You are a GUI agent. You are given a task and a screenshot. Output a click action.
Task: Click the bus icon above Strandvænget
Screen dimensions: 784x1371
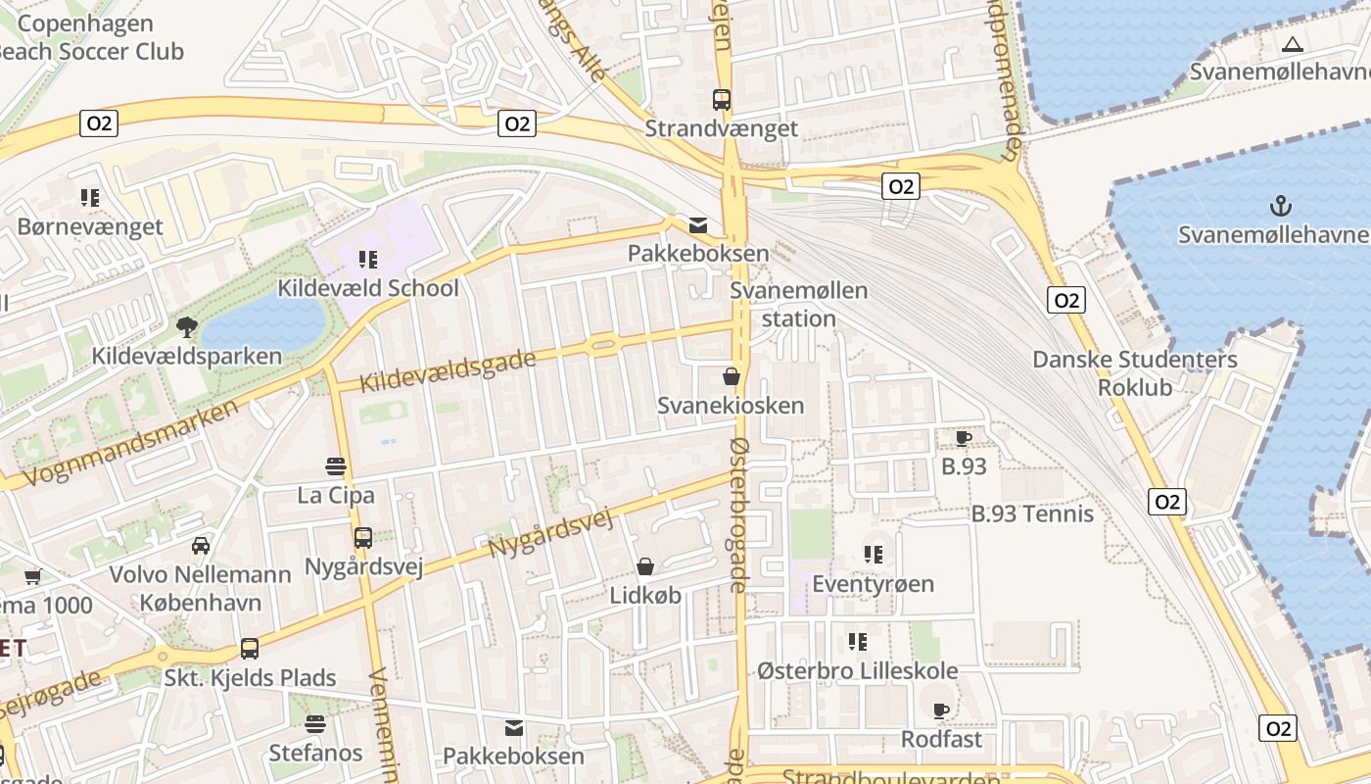point(722,99)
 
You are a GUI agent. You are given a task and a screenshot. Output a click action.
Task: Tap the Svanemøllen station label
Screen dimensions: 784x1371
point(799,305)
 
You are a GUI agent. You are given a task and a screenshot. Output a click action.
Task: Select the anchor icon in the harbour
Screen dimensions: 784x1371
point(1278,206)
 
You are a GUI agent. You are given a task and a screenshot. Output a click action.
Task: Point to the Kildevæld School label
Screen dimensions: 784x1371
point(368,288)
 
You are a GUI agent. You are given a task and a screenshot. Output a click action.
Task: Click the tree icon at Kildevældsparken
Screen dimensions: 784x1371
point(186,326)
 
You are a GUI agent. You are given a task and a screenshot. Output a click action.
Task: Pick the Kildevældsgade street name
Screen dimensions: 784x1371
point(449,371)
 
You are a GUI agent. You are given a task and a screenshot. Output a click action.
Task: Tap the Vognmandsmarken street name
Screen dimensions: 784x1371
point(129,442)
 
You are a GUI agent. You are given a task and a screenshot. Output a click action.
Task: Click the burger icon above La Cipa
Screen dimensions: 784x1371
point(336,465)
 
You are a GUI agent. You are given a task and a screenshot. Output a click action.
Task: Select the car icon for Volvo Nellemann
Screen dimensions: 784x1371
point(201,545)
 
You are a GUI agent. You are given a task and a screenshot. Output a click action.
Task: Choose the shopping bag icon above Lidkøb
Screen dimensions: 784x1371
point(645,566)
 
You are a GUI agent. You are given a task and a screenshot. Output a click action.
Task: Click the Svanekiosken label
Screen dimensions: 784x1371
point(731,406)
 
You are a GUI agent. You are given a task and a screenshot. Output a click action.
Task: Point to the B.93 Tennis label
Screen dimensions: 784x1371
point(1032,514)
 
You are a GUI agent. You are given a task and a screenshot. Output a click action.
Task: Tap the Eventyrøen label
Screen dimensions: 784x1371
point(874,584)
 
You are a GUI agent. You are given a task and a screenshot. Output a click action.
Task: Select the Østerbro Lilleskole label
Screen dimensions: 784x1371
point(858,671)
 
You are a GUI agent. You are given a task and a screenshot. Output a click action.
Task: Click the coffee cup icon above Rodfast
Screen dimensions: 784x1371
point(941,710)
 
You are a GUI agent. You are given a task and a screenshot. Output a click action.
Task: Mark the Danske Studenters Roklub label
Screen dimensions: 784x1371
point(1135,373)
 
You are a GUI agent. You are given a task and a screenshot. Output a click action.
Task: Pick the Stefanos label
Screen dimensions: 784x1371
point(316,754)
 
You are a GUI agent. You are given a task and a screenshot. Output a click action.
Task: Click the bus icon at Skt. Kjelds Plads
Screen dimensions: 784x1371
point(250,649)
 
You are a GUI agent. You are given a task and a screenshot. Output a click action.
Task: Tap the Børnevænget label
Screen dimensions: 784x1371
point(90,227)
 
